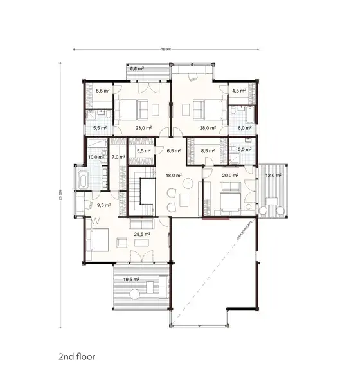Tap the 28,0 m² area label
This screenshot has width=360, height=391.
[206, 128]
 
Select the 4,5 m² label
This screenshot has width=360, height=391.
[239, 91]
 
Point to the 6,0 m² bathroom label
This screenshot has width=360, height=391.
[244, 128]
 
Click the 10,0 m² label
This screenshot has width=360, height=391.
[96, 157]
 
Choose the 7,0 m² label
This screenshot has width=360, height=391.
[118, 157]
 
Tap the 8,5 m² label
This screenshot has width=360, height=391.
[207, 152]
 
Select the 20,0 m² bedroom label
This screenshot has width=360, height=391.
[230, 174]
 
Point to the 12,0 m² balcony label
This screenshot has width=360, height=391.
[274, 175]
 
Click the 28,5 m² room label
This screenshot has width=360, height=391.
[141, 235]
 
